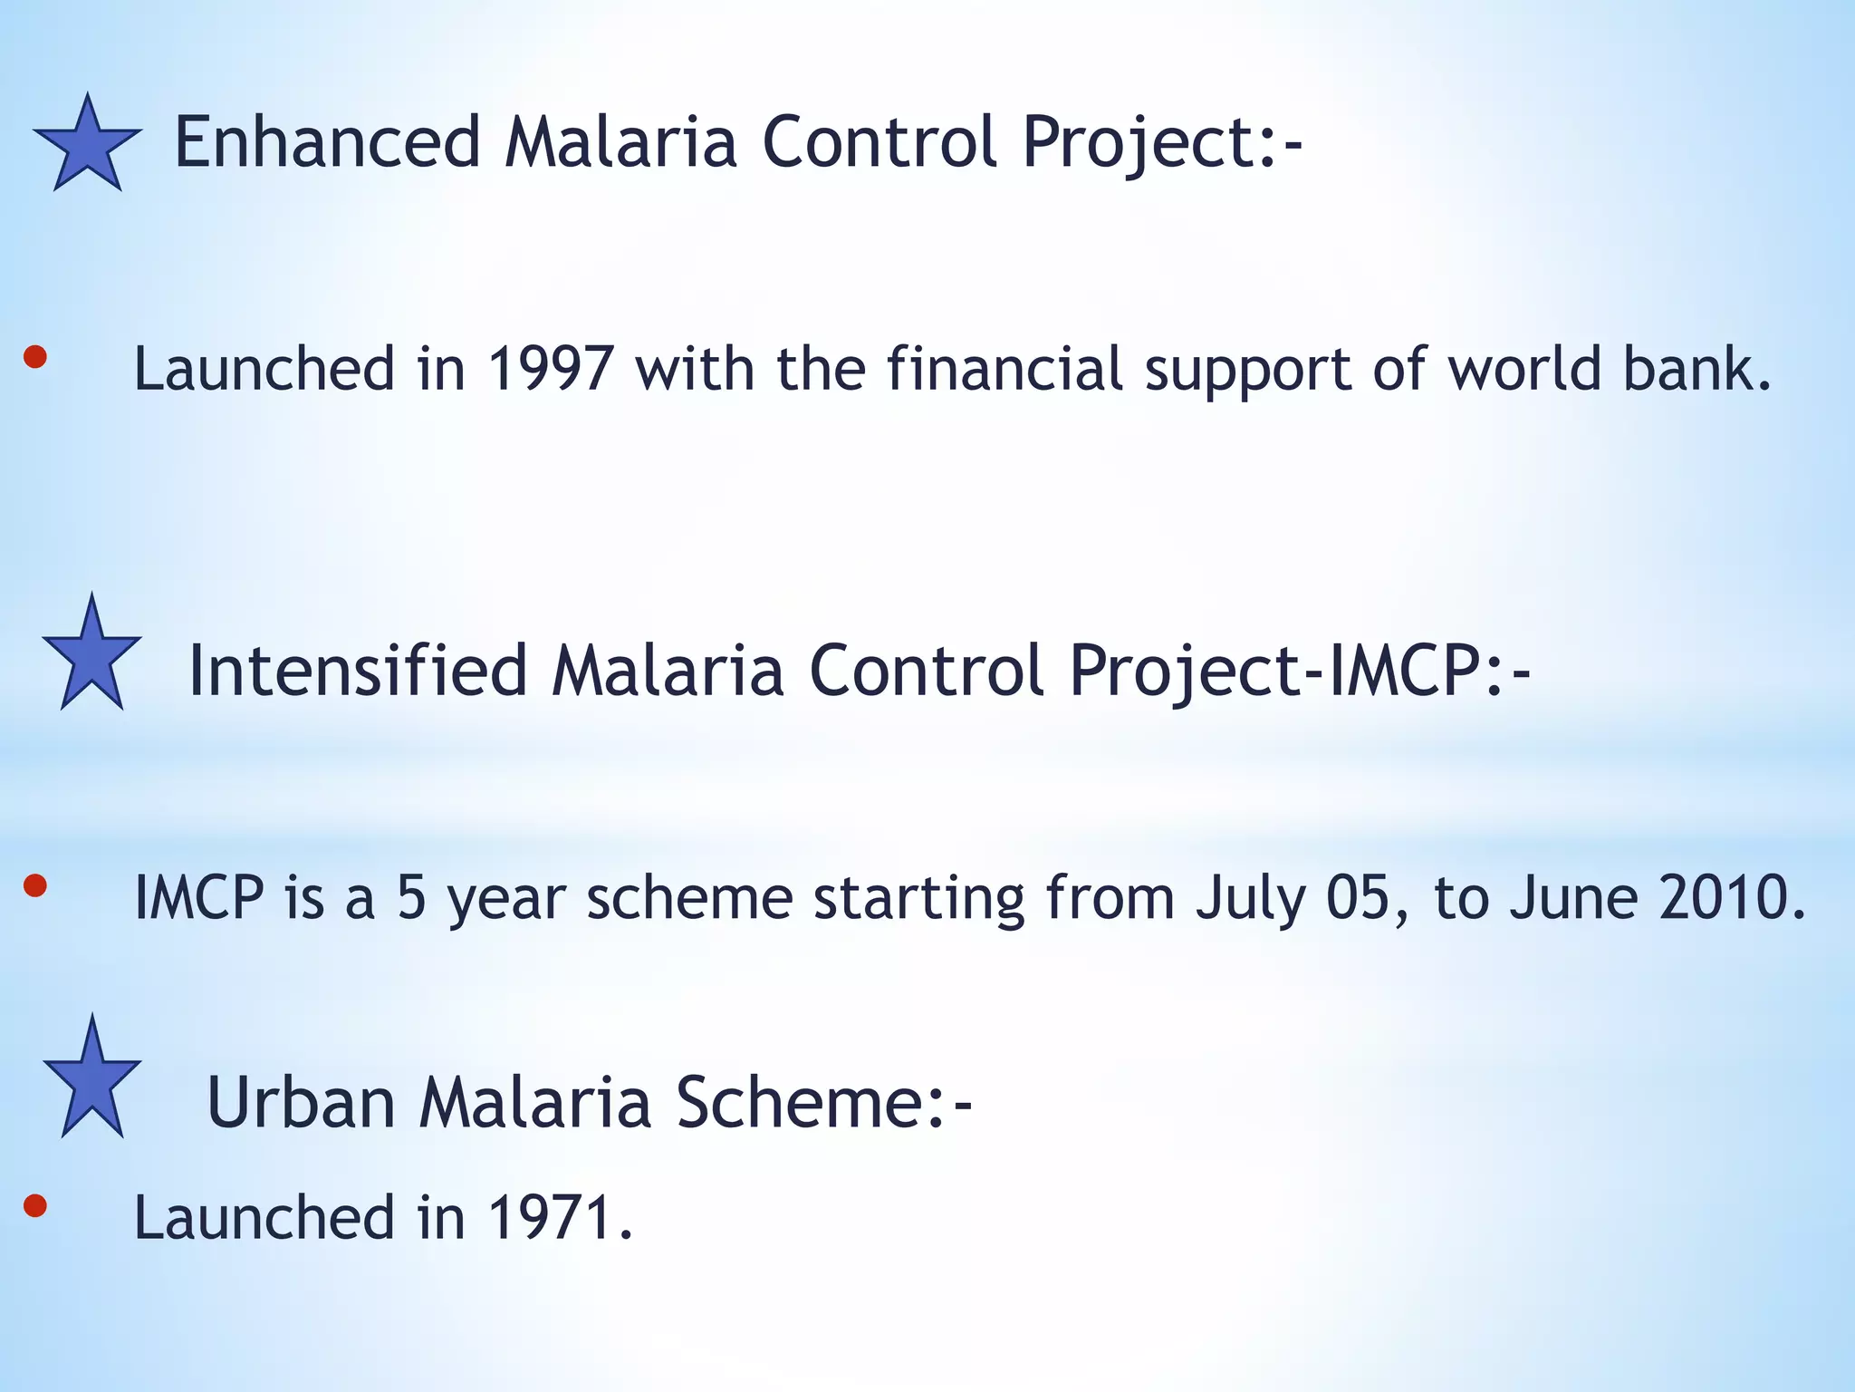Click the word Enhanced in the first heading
[x=327, y=142]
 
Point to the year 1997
[x=551, y=369]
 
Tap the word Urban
[x=302, y=1102]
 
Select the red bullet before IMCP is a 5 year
[x=34, y=885]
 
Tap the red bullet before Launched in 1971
[x=34, y=1205]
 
